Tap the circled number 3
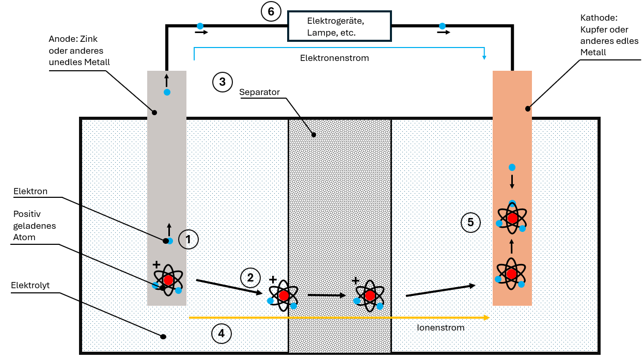tap(222, 82)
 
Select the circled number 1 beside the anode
tap(188, 239)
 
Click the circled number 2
tap(250, 278)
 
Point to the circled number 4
tap(222, 334)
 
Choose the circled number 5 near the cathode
tap(470, 222)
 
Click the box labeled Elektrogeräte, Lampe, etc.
tap(339, 26)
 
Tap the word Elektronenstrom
tap(334, 58)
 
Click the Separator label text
tap(259, 92)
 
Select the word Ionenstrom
tap(441, 327)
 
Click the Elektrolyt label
tap(30, 285)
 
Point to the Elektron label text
tap(30, 191)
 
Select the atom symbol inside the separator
tap(370, 296)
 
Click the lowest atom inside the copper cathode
tap(511, 274)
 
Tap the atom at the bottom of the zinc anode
tap(168, 280)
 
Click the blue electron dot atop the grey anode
tap(167, 92)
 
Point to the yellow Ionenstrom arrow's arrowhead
tap(486, 318)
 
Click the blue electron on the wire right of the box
tap(442, 26)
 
